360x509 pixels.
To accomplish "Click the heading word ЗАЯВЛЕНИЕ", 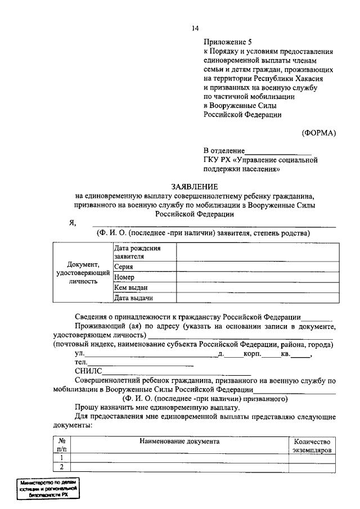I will coord(195,187).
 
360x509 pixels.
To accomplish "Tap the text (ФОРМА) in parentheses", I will coord(318,133).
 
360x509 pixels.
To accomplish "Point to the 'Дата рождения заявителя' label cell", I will coord(144,252).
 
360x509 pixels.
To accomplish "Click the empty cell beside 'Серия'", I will coord(258,267).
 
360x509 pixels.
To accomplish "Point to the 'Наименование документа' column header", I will coord(179,442).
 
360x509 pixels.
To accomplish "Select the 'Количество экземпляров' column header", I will coord(312,446).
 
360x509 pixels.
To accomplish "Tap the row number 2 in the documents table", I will coord(62,467).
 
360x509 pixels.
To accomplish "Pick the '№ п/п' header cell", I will coord(62,446).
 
